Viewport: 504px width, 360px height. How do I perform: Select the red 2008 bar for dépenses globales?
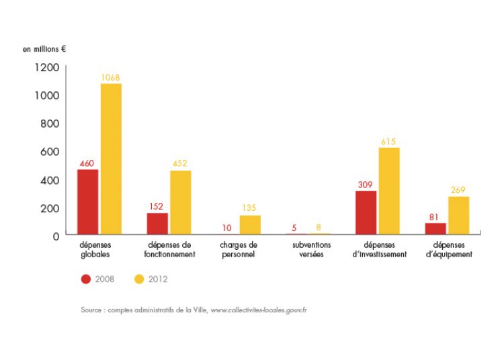87,201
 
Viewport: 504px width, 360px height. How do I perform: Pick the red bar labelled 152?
157,224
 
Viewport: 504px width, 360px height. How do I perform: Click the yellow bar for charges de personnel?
250,225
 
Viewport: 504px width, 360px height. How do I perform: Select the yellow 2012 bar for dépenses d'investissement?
389,191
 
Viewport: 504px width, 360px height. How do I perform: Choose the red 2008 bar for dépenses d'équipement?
435,228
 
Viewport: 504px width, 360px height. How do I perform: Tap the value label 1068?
110,78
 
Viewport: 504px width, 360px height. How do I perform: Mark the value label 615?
388,142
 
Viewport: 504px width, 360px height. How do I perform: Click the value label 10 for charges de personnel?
227,228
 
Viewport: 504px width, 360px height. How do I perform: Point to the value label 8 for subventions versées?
319,228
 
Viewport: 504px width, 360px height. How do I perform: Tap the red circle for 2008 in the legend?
86,279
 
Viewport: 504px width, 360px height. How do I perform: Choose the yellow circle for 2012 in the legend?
140,279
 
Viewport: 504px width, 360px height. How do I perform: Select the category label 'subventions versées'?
312,250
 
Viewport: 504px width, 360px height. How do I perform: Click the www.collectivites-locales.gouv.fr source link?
259,310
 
